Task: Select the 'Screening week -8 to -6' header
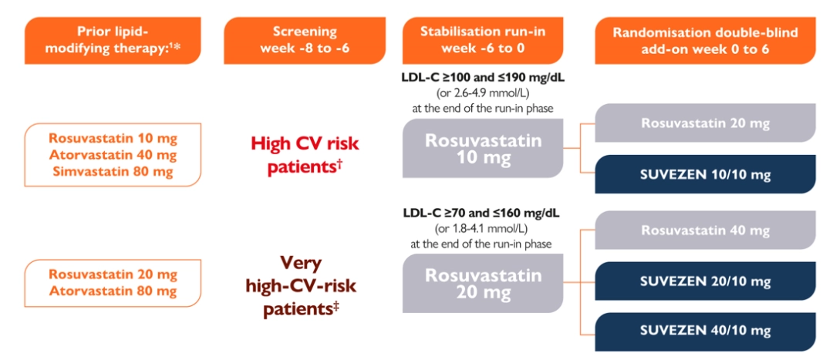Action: coord(305,40)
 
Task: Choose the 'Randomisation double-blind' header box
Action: coord(705,40)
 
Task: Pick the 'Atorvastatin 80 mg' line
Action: coord(113,291)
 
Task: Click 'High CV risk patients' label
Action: coord(305,155)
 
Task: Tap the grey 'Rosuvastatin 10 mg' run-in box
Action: coord(484,150)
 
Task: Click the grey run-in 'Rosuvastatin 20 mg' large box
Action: coord(484,284)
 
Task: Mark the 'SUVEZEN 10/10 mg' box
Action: coord(705,175)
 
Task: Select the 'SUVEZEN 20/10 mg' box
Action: coord(705,282)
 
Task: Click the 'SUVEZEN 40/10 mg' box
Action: coord(705,331)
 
